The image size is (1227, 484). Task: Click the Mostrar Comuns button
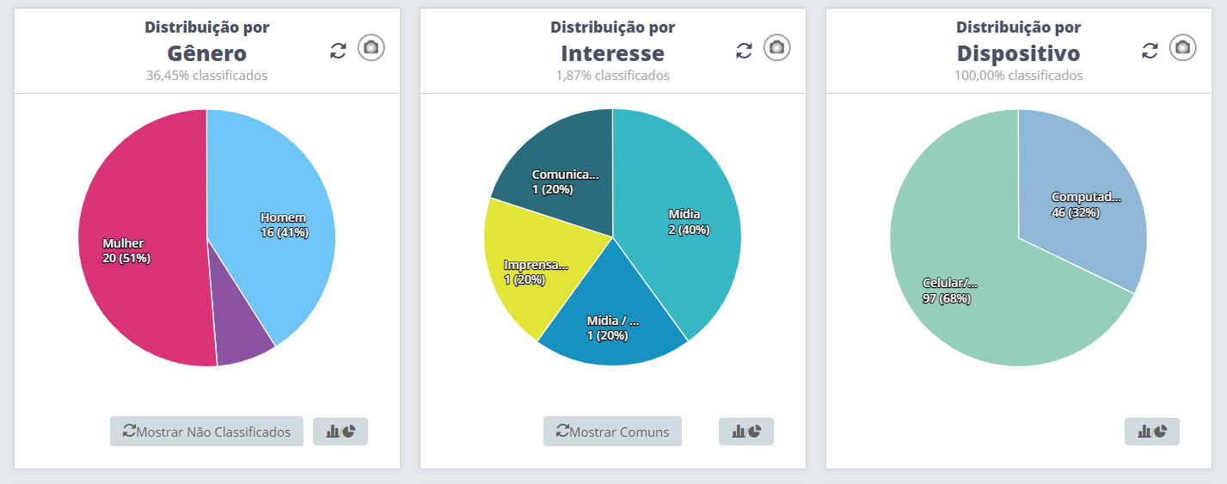612,432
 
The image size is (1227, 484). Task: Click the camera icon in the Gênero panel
371,47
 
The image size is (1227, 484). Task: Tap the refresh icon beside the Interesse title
744,51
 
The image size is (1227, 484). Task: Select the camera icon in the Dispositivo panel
1183,47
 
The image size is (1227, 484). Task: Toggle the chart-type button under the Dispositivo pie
1152,432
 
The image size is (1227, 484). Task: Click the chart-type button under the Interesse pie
746,432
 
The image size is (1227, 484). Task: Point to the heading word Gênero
206,53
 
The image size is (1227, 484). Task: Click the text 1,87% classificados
612,76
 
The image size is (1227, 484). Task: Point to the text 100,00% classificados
1018,76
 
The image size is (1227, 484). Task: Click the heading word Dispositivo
1018,53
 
